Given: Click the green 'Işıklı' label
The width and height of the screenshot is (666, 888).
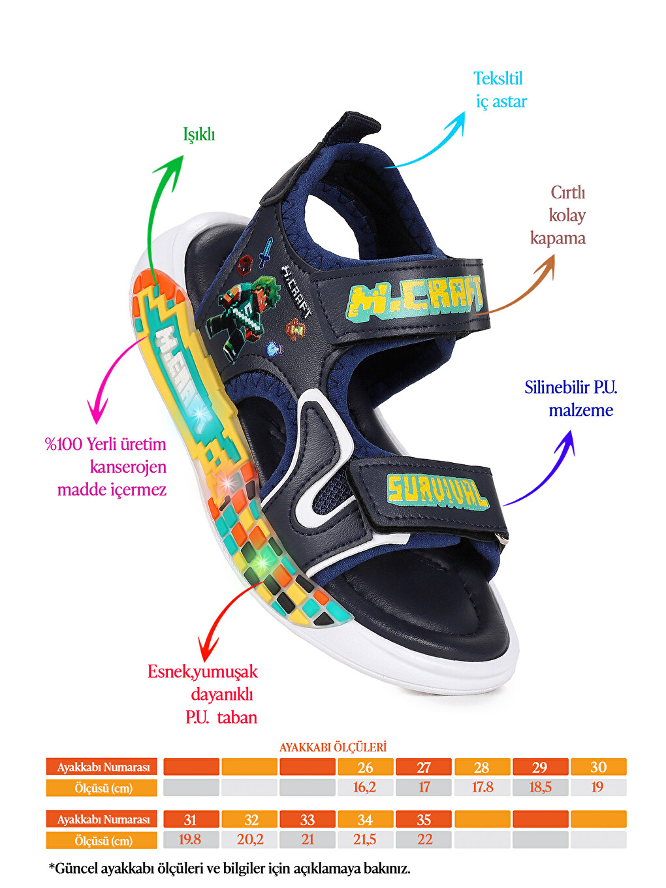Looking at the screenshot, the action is coord(199,135).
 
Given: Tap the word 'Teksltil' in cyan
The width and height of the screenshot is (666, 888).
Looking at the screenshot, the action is coord(498,78).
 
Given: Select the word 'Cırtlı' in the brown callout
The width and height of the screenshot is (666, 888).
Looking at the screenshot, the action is coord(568,193).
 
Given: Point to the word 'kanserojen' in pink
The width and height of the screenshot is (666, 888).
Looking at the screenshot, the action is coord(128,467).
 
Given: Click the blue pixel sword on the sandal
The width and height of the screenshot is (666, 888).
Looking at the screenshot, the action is coord(266,251).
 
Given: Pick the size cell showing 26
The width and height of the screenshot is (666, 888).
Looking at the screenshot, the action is coord(365,767).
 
